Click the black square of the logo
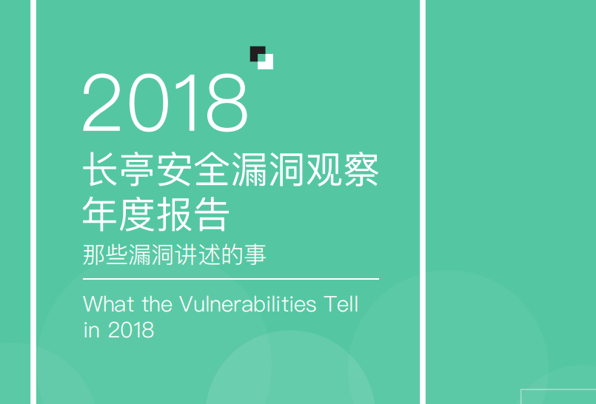(x=257, y=53)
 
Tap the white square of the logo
(x=266, y=63)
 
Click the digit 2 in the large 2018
(x=101, y=103)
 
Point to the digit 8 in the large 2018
(x=228, y=103)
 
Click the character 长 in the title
(x=100, y=169)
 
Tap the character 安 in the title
(x=174, y=169)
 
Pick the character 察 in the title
(x=361, y=169)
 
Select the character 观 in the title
(x=324, y=169)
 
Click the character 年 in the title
(x=100, y=214)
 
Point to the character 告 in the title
(x=212, y=214)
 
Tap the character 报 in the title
(x=174, y=214)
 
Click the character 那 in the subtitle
(x=93, y=255)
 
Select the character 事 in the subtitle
(x=255, y=255)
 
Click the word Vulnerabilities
(x=247, y=304)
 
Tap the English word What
(x=109, y=304)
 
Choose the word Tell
(x=341, y=304)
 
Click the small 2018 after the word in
(x=131, y=329)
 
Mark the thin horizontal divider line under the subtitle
(x=231, y=279)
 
